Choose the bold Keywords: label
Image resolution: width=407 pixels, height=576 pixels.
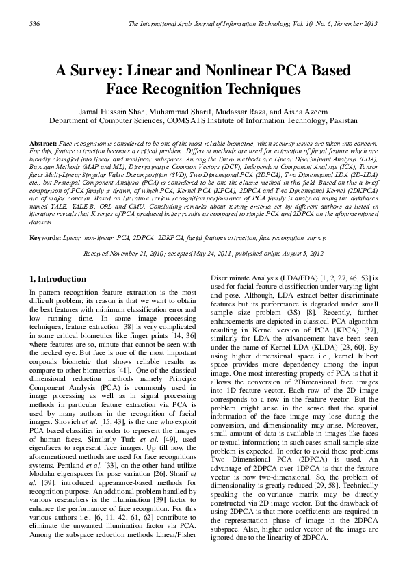45,238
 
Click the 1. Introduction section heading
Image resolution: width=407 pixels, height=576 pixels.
58,279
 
